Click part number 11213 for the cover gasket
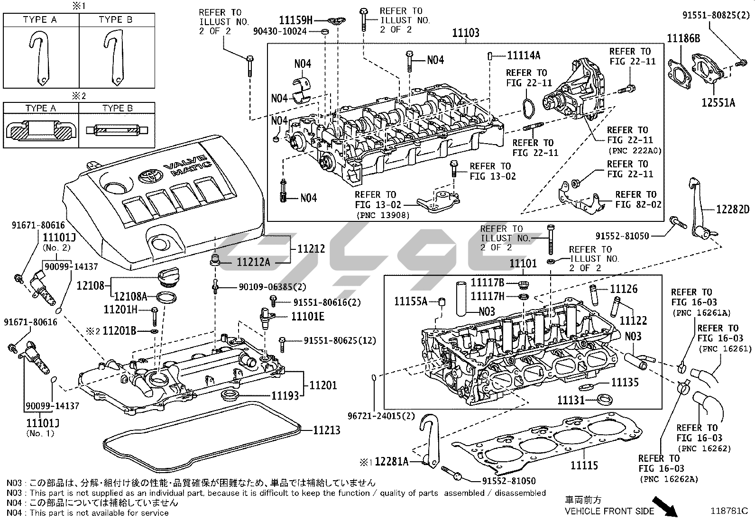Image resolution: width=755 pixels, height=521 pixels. [326, 430]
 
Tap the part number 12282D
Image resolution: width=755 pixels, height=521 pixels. [732, 210]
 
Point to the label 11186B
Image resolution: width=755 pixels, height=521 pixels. [683, 38]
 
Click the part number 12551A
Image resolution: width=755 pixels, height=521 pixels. [718, 102]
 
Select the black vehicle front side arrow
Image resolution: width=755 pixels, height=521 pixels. [664, 506]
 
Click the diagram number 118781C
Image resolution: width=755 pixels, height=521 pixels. [729, 512]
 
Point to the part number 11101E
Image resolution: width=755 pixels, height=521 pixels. [307, 316]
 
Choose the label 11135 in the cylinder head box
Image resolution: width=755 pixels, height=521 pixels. [625, 382]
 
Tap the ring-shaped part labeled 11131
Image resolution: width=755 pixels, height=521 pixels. [605, 399]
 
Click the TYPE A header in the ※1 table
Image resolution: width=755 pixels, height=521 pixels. [40, 19]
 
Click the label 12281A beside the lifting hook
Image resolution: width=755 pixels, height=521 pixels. [391, 461]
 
